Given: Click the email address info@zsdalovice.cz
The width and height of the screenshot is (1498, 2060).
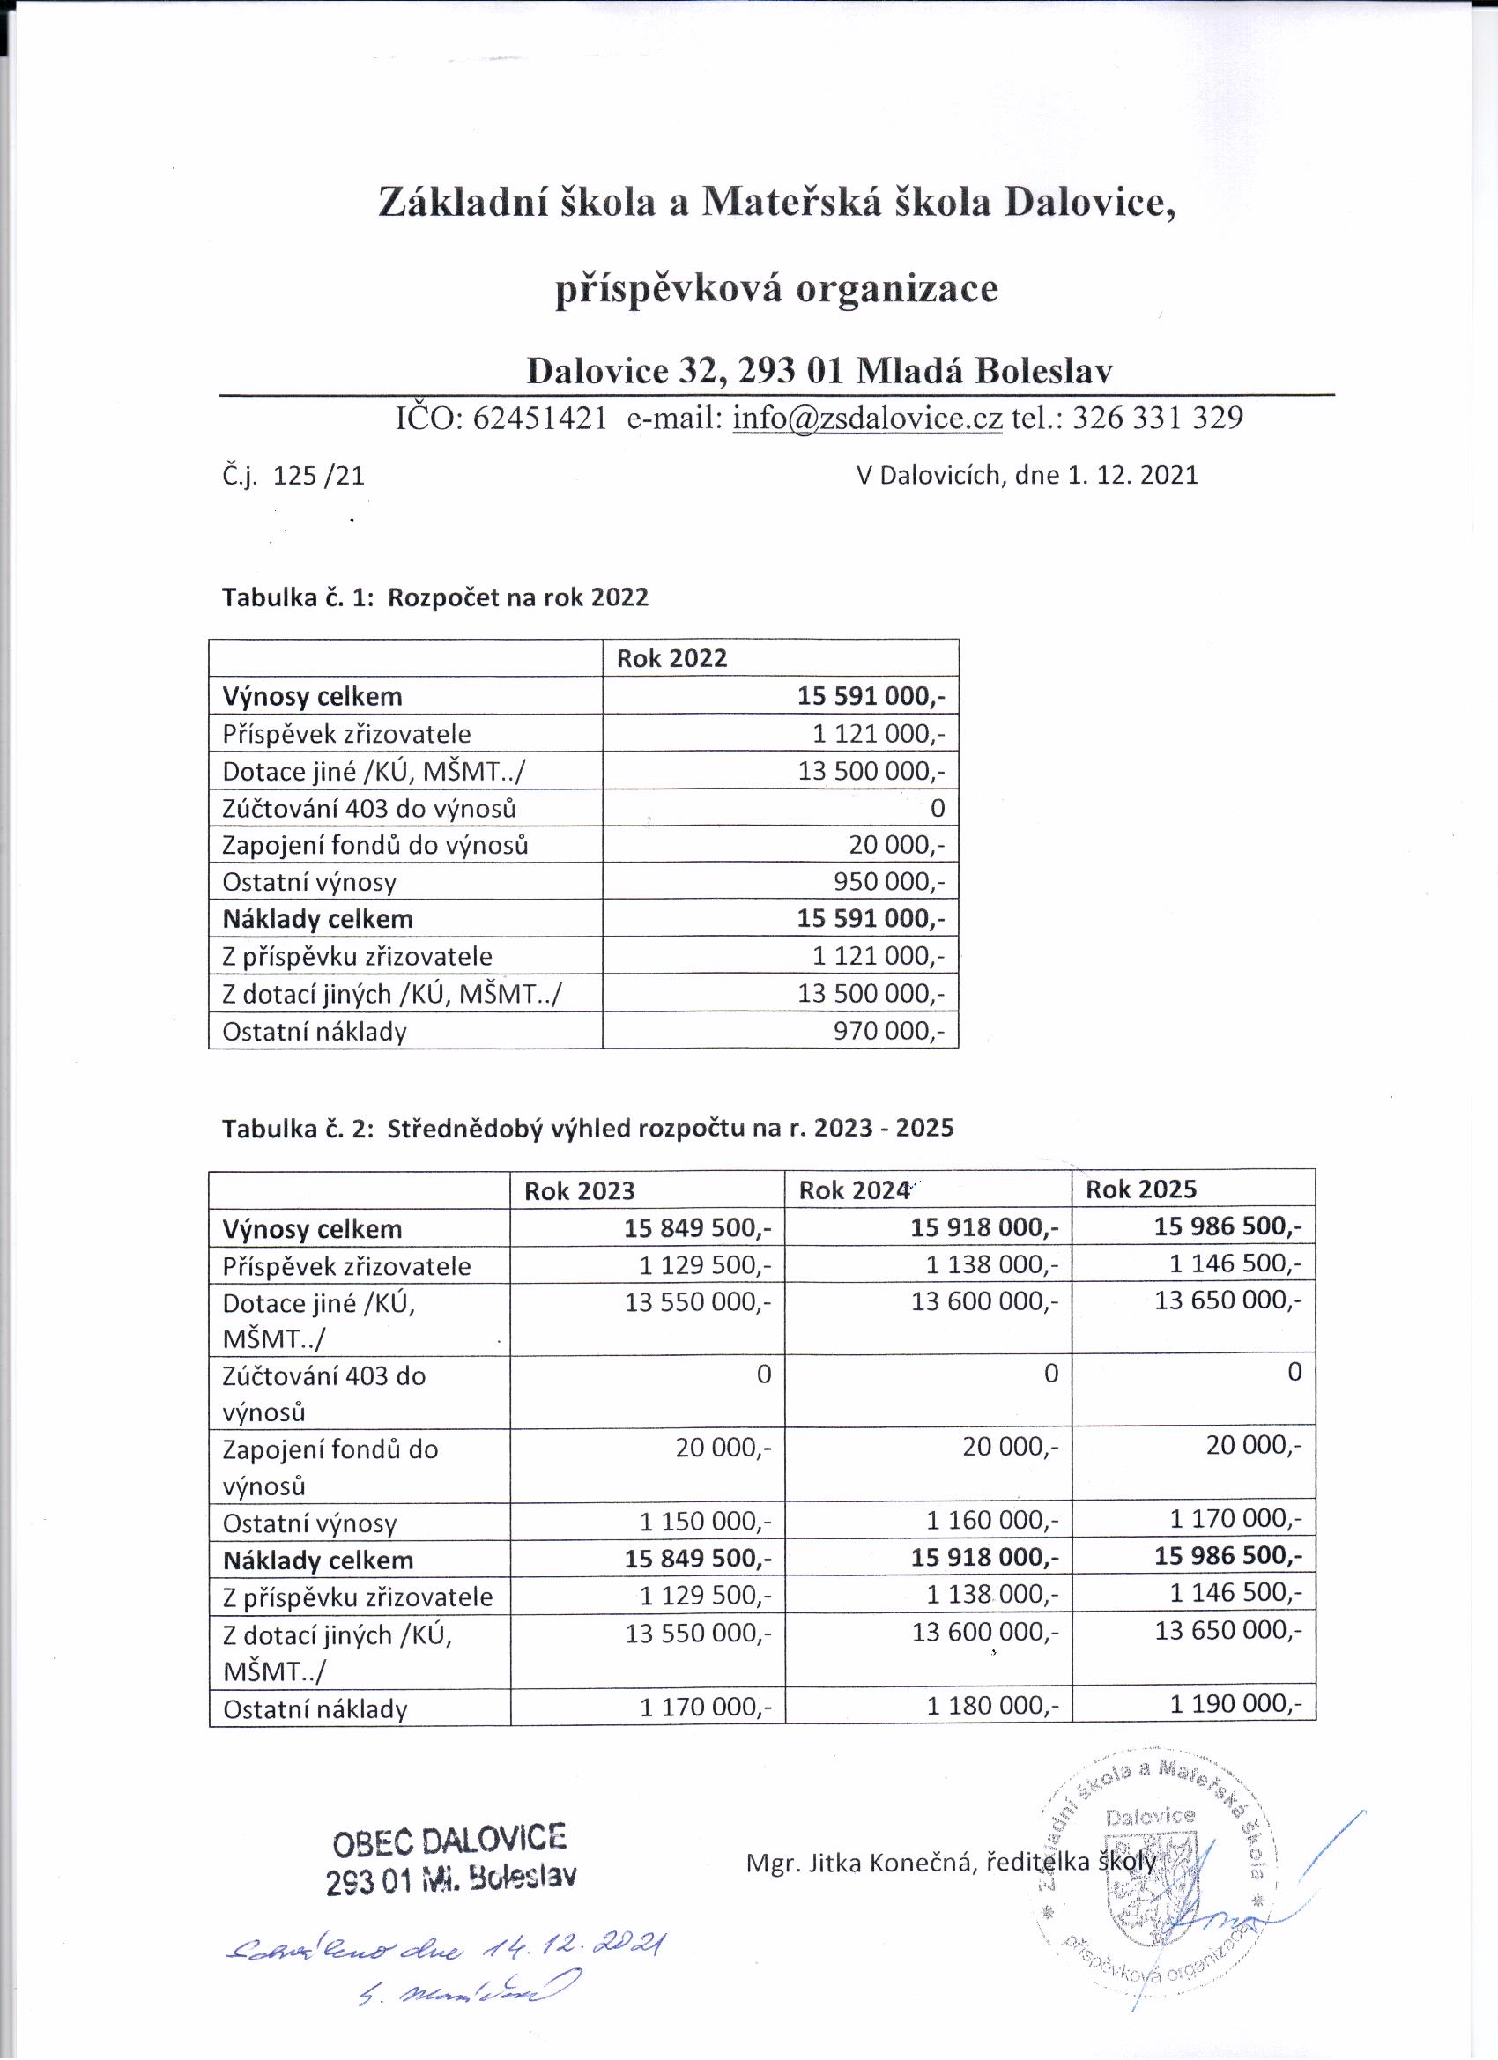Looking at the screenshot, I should pyautogui.click(x=867, y=417).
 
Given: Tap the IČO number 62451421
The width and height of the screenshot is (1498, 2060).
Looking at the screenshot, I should pyautogui.click(x=539, y=417).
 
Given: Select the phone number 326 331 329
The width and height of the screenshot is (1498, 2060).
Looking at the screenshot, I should pyautogui.click(x=1157, y=417).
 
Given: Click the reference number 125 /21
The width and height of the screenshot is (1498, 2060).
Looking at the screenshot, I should pyautogui.click(x=318, y=476).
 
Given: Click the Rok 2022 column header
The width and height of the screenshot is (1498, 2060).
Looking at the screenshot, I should pyautogui.click(x=671, y=658).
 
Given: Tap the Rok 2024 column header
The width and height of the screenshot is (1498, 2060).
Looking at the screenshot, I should pyautogui.click(x=854, y=1190).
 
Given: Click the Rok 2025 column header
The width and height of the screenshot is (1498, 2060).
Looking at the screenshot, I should pyautogui.click(x=1141, y=1189).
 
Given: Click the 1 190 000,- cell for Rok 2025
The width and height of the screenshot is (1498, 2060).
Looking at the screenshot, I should pyautogui.click(x=1235, y=1703).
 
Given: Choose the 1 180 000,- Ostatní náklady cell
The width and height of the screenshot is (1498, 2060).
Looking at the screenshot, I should pyautogui.click(x=992, y=1706).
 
